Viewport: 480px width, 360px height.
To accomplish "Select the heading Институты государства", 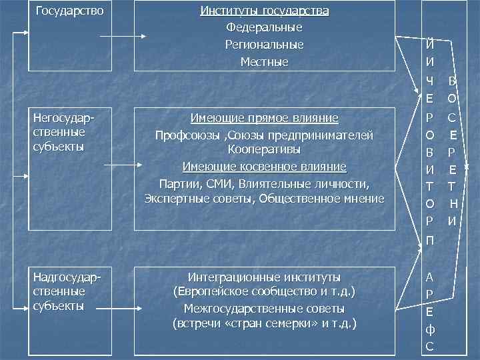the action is tap(265, 11).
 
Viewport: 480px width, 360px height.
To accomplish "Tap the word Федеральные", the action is tap(265, 28).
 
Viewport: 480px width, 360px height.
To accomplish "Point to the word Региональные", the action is tap(265, 45).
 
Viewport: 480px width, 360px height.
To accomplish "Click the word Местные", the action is tap(265, 63).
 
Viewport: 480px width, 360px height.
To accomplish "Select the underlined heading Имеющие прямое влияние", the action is tap(265, 119).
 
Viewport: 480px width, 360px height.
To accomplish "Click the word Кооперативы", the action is tap(265, 148).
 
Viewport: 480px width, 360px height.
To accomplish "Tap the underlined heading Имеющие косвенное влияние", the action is tap(265, 166).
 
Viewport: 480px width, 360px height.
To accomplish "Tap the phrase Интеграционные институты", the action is tap(265, 277).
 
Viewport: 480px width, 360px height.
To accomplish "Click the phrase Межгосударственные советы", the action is tap(265, 309).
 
